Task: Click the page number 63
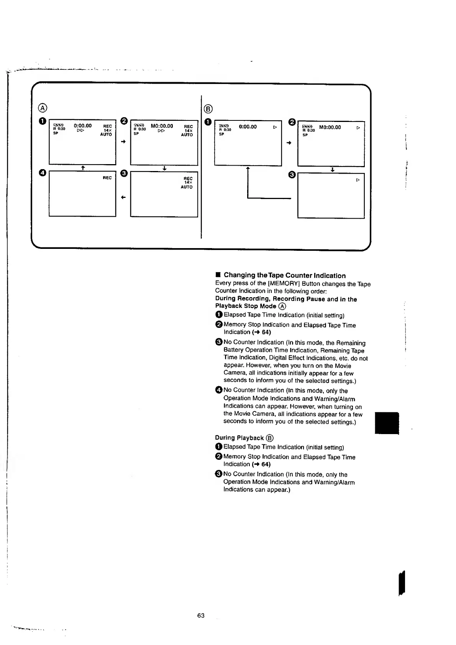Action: [x=201, y=615]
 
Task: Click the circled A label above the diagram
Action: [x=43, y=108]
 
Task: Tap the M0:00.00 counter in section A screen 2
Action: [x=162, y=126]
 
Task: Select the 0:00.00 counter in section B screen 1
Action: [x=248, y=127]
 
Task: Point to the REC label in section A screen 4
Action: [x=107, y=178]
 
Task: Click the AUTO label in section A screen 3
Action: [x=187, y=187]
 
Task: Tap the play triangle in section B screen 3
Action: [x=358, y=180]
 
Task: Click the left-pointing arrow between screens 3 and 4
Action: [x=123, y=197]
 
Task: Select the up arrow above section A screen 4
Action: [x=83, y=168]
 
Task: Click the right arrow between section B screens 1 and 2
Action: [x=289, y=143]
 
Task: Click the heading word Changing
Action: [x=239, y=275]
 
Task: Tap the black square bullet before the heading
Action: [x=218, y=275]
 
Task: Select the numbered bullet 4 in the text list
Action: [x=218, y=390]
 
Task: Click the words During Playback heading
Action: [x=239, y=438]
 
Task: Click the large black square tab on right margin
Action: [x=387, y=423]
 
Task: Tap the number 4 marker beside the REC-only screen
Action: [x=43, y=173]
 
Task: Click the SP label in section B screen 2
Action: [x=305, y=135]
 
